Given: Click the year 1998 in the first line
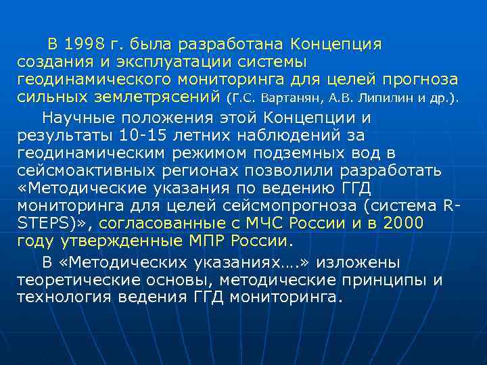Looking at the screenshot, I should pyautogui.click(x=84, y=45).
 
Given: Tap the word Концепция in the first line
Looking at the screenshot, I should pyautogui.click(x=336, y=45).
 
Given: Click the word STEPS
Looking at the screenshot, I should pyautogui.click(x=44, y=223).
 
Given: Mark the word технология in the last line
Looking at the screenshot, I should pyautogui.click(x=65, y=297).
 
